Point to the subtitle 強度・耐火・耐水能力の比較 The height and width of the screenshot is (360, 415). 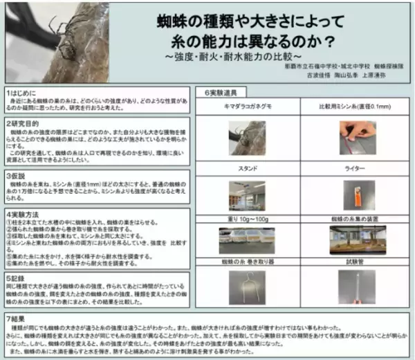point(250,54)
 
